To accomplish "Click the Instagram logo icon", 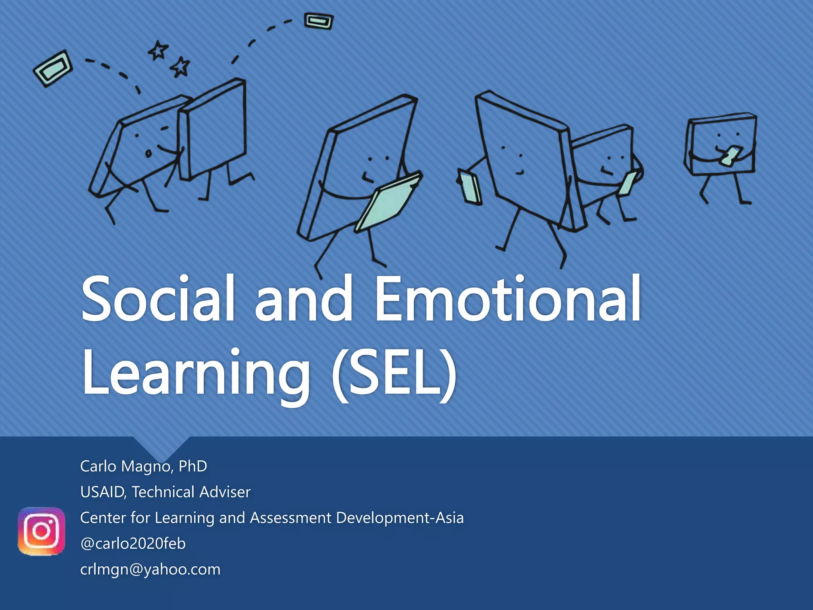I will point(41,531).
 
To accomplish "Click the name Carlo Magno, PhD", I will point(144,466).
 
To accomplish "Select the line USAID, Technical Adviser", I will point(166,492).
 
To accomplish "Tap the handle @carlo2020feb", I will point(133,543).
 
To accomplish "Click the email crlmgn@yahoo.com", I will point(150,569).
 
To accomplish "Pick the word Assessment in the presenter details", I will point(291,518).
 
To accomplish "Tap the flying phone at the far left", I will point(53,69).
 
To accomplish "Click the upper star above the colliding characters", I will point(158,50).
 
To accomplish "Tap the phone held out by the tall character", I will point(470,187).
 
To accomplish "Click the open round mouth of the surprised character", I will point(148,154).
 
